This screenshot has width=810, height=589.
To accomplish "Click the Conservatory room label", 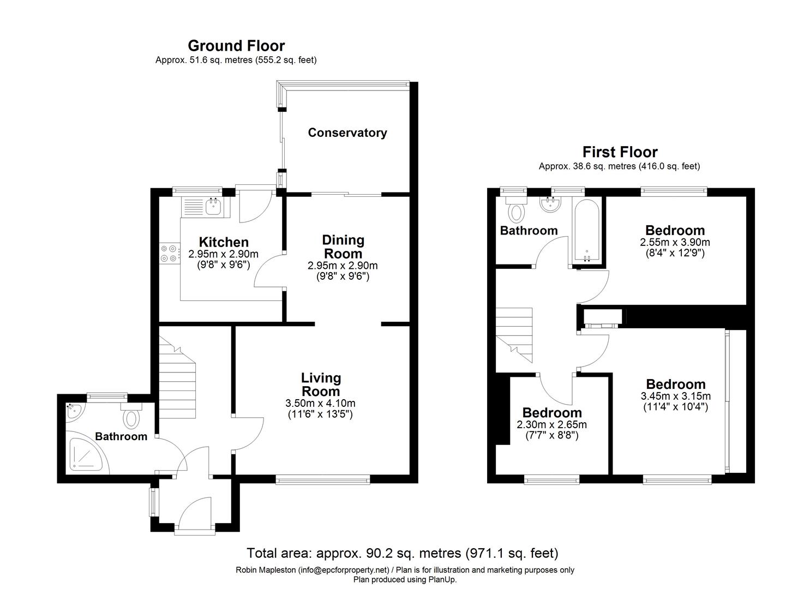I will pos(347,133).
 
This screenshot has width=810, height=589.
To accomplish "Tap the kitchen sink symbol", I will pos(213,206).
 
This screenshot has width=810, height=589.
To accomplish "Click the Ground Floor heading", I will pos(236,46).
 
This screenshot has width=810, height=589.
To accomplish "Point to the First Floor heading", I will pos(620,152).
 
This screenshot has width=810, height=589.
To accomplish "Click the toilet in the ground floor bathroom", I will pos(131,417).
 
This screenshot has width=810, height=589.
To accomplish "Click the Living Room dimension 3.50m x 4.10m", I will pos(320,404).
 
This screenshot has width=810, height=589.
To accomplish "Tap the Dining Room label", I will pos(343,247).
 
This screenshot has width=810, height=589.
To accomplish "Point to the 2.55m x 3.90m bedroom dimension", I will pos(675,242).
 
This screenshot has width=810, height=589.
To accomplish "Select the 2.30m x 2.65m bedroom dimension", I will pos(551,425).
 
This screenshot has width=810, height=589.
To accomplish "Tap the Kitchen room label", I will pos(223,242).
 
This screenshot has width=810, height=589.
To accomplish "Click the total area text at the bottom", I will pos(403,554).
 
